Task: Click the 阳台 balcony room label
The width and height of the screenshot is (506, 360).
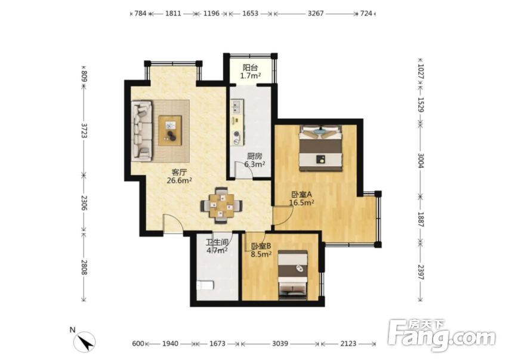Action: tap(250, 68)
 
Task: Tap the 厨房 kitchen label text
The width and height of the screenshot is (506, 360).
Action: tap(254, 156)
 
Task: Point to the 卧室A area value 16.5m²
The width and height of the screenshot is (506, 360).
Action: tap(302, 203)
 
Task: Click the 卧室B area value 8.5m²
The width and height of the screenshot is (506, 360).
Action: tap(261, 254)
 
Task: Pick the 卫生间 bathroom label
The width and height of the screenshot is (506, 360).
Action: tap(217, 242)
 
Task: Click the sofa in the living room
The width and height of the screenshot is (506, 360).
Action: tap(141, 131)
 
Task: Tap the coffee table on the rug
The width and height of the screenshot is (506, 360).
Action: tap(170, 131)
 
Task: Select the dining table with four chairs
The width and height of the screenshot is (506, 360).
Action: tap(222, 205)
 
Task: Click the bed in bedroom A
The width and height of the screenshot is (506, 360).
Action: tap(320, 148)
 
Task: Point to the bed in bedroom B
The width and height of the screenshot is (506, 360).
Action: tap(293, 273)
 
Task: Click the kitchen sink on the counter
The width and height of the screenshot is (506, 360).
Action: tap(236, 107)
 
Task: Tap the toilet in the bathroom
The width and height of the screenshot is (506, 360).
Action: tap(205, 286)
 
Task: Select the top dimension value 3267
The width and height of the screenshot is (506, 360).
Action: tap(316, 14)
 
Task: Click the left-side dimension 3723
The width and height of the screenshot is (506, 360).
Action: tap(84, 130)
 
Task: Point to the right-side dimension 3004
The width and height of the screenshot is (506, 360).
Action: tap(421, 161)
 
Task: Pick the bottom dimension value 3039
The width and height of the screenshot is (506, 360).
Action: tap(280, 343)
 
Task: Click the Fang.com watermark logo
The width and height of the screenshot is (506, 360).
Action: tap(442, 335)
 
